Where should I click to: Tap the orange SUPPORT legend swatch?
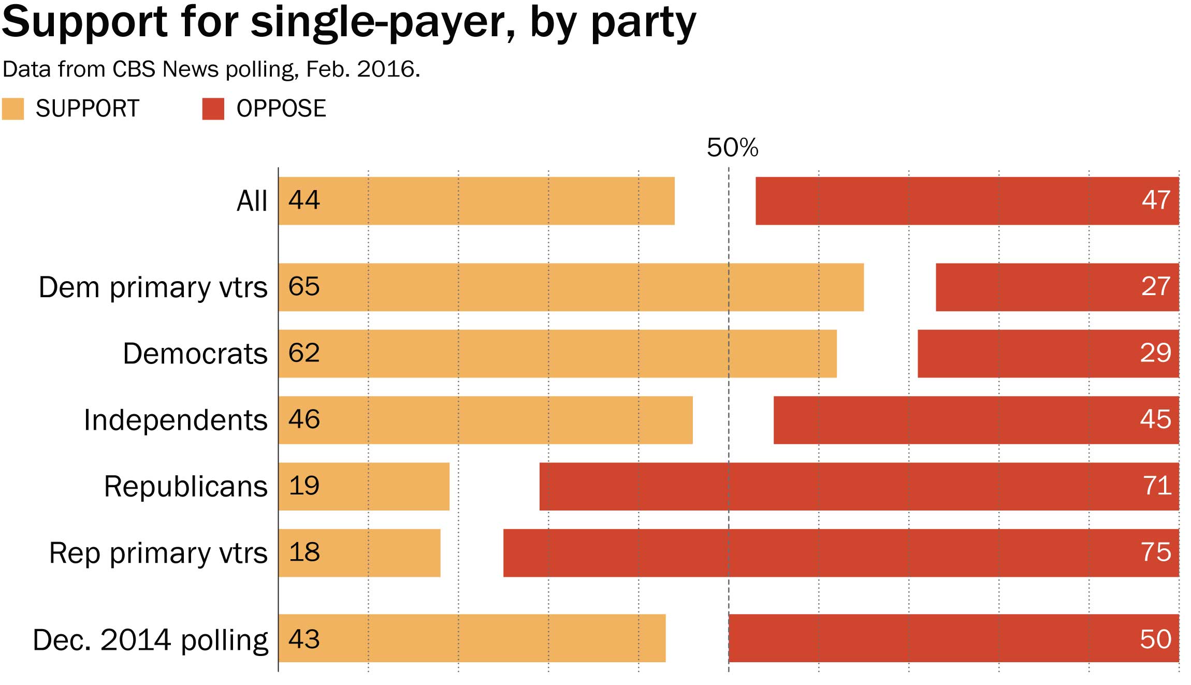tap(13, 109)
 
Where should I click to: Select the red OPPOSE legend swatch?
tap(213, 109)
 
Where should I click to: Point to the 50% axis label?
tap(732, 148)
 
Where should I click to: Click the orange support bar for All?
tap(476, 201)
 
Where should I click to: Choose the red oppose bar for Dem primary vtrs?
tap(1057, 287)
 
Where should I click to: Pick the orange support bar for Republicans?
tap(364, 487)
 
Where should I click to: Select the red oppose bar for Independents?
tap(976, 420)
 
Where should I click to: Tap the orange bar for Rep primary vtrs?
tap(359, 553)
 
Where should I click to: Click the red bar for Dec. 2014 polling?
tap(953, 638)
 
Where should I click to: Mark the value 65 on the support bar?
tap(304, 286)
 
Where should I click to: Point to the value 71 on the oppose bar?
tap(1156, 486)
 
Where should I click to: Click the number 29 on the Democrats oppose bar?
tap(1155, 353)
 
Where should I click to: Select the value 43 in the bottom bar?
tap(304, 639)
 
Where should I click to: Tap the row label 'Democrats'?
tap(195, 354)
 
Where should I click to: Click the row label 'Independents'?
tap(176, 420)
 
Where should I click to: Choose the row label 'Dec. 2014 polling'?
tap(150, 640)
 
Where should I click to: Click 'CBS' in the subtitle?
tap(134, 69)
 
